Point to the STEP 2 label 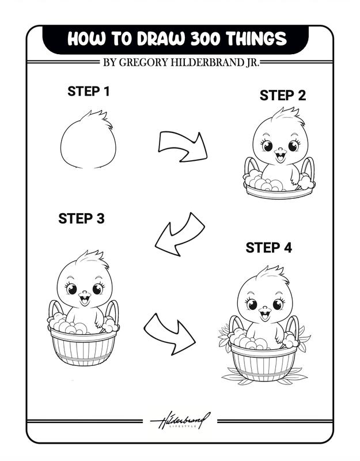tap(282, 96)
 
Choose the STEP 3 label tap(81, 219)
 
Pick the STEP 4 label tap(268, 248)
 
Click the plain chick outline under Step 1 tap(88, 144)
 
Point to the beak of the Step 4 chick tap(264, 313)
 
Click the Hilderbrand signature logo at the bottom tap(180, 421)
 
